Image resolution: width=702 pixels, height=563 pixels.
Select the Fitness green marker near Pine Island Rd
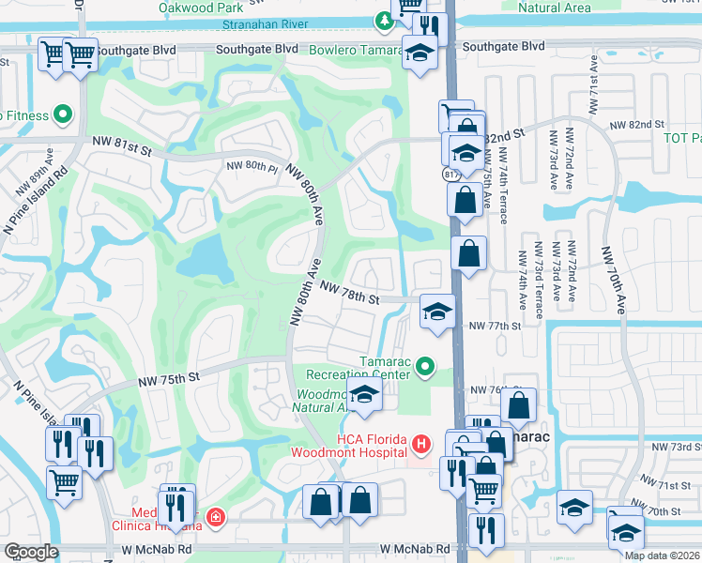64,115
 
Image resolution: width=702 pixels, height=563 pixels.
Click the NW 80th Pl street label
252,166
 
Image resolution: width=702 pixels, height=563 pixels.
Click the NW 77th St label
494,325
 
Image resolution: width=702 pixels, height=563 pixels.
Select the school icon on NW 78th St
435,311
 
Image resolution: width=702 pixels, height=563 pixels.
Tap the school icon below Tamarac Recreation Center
365,397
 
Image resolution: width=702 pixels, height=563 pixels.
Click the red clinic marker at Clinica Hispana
216,517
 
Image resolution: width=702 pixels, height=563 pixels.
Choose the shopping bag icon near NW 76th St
518,405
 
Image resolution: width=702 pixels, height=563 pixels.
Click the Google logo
31,552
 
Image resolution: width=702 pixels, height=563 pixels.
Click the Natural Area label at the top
554,8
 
